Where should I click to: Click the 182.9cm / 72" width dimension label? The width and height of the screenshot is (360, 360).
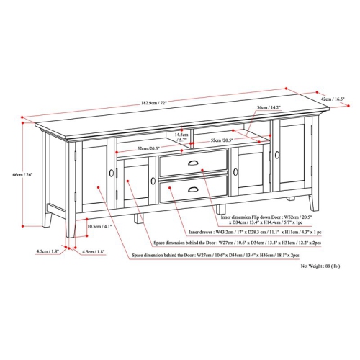(155, 103)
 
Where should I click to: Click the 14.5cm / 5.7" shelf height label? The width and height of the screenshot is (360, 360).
(181, 137)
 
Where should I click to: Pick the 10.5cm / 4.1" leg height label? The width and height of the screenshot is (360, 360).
(98, 227)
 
